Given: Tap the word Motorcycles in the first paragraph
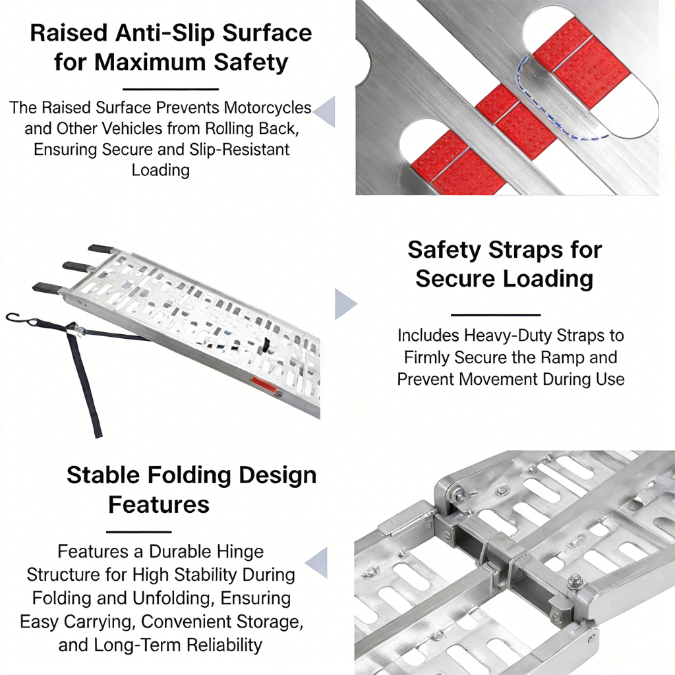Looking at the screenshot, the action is [268, 107].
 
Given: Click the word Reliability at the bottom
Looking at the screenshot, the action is [225, 645].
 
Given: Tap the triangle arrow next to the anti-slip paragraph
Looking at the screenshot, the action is [324, 112].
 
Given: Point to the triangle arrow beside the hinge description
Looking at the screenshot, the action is [317, 563].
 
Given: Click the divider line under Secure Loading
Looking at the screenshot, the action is [496, 315].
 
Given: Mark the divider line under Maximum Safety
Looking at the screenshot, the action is [171, 89].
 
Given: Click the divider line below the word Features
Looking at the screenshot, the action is [138, 532].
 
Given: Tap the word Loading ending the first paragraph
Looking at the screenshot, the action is [161, 170].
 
